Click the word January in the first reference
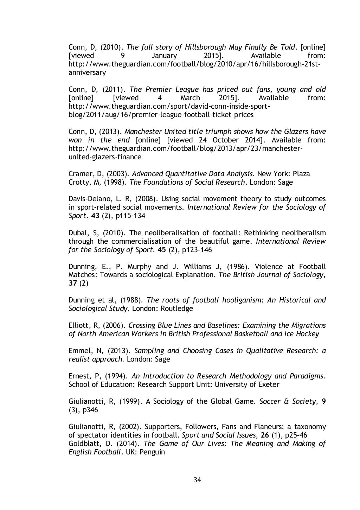coord(164,56)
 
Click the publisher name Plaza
coord(301,174)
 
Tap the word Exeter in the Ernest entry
coord(269,384)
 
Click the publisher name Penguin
coord(152,452)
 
